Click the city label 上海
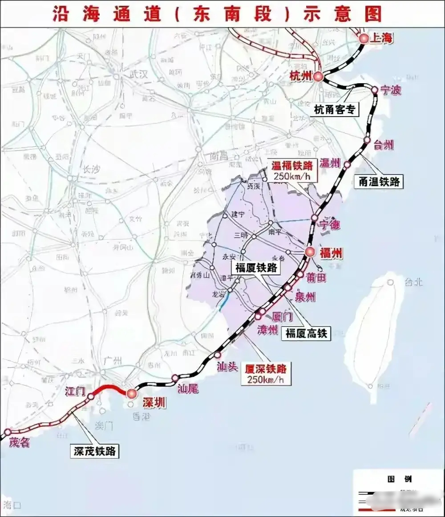tap(382, 39)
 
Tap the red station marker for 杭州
tap(318, 77)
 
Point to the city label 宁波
tap(390, 90)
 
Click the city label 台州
tap(383, 145)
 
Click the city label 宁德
tap(330, 225)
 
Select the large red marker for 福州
tap(311, 252)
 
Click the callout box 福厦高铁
tap(306, 333)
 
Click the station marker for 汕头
tap(218, 355)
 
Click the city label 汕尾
tap(188, 389)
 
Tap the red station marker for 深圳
tap(131, 393)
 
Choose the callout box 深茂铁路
tap(94, 451)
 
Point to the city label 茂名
tap(19, 443)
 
